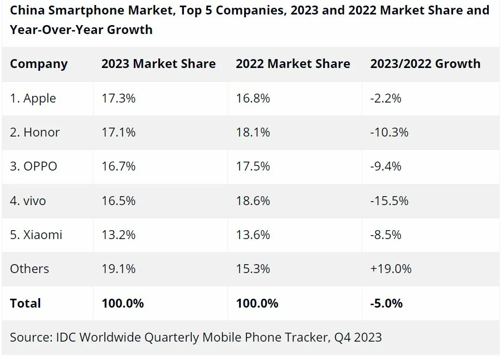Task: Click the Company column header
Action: [38, 64]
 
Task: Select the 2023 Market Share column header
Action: [158, 64]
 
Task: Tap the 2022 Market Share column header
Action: [293, 64]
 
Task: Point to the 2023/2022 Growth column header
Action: [425, 64]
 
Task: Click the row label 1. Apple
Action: [33, 99]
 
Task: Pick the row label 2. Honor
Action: [35, 133]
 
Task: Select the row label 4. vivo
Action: [28, 201]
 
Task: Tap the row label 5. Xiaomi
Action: [36, 235]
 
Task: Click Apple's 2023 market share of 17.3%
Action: [118, 99]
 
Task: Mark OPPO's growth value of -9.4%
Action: [386, 167]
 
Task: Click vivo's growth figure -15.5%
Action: [389, 201]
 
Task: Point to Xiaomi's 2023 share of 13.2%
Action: [118, 235]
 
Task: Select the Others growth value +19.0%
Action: [391, 269]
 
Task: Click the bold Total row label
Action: [25, 303]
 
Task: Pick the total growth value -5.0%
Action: [386, 303]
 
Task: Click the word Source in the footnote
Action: [29, 337]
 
